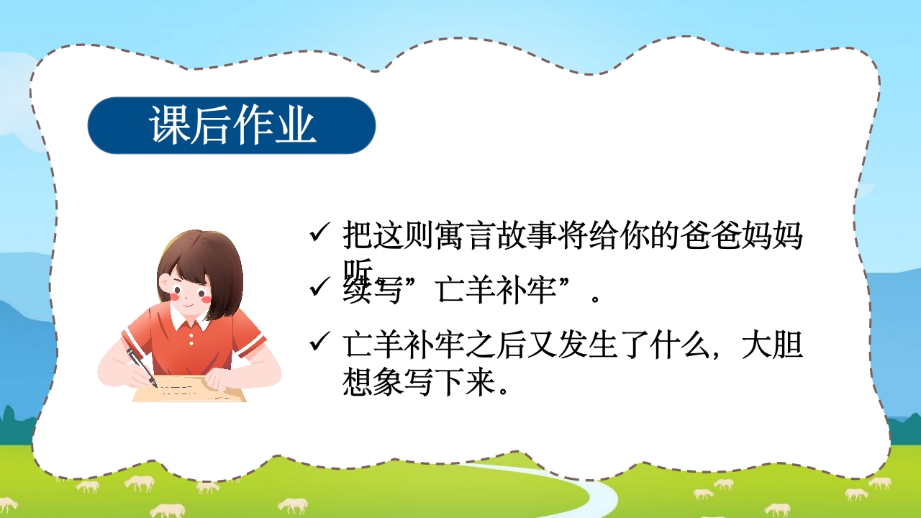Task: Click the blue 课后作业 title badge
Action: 232,125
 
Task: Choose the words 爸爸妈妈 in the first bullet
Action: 741,235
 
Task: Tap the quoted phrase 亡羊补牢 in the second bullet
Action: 496,291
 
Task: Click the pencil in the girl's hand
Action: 142,367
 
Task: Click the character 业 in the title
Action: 295,125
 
